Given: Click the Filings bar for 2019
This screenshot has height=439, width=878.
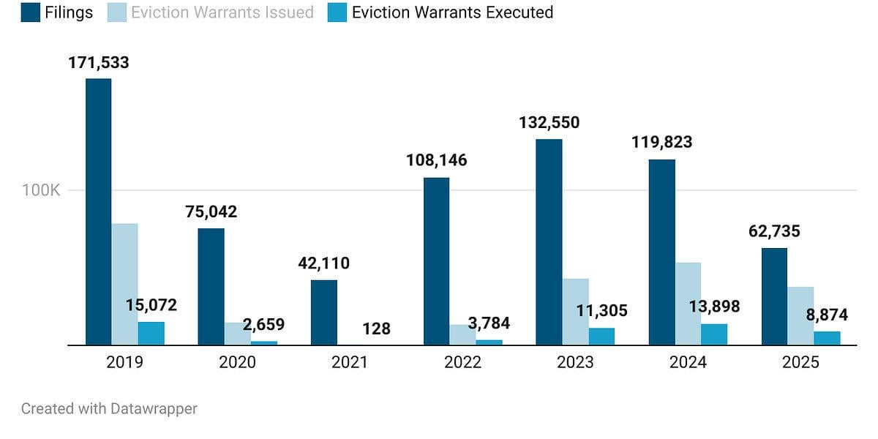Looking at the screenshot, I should [99, 211].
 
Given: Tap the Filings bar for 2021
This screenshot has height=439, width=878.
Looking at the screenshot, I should [324, 312].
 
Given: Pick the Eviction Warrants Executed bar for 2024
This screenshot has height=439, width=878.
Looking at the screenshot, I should [714, 334].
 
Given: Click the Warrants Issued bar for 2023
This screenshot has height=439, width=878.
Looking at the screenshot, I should [576, 312].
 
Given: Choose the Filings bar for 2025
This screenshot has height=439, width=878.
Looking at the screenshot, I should [774, 296].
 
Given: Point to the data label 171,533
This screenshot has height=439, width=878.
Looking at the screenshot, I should [99, 63].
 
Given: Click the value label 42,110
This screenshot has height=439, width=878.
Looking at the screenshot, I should [324, 263].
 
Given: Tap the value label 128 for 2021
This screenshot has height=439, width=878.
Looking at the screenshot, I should [376, 329].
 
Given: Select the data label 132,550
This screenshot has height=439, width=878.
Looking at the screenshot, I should [549, 123].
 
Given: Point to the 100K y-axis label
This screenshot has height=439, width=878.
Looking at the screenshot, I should [41, 191].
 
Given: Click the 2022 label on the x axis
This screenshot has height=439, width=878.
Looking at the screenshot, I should [462, 363].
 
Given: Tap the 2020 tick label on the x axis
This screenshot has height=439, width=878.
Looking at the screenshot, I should [237, 363].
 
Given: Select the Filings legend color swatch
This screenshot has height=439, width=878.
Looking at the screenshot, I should [31, 12].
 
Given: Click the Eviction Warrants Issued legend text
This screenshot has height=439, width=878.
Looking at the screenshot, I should [222, 12].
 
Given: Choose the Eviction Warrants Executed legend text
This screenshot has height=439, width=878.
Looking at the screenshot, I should [452, 12].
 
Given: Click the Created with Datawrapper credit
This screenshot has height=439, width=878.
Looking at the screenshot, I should [109, 409].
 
